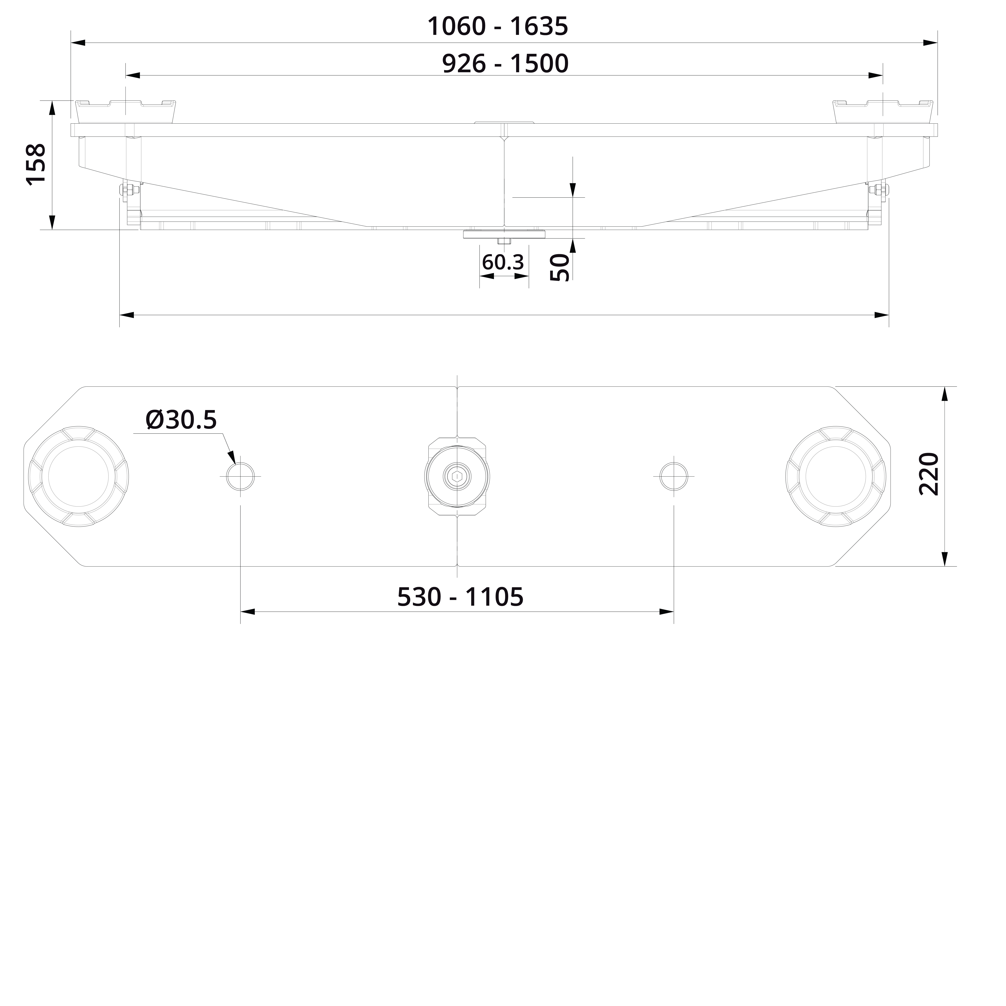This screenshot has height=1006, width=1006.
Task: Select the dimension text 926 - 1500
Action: tap(505, 64)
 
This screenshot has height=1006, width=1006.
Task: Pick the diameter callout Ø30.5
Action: tap(181, 420)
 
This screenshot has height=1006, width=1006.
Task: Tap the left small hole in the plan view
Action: tap(240, 476)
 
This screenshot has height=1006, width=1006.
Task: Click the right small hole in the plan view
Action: tap(674, 476)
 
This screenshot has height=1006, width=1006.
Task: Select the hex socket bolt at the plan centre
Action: tap(457, 476)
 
